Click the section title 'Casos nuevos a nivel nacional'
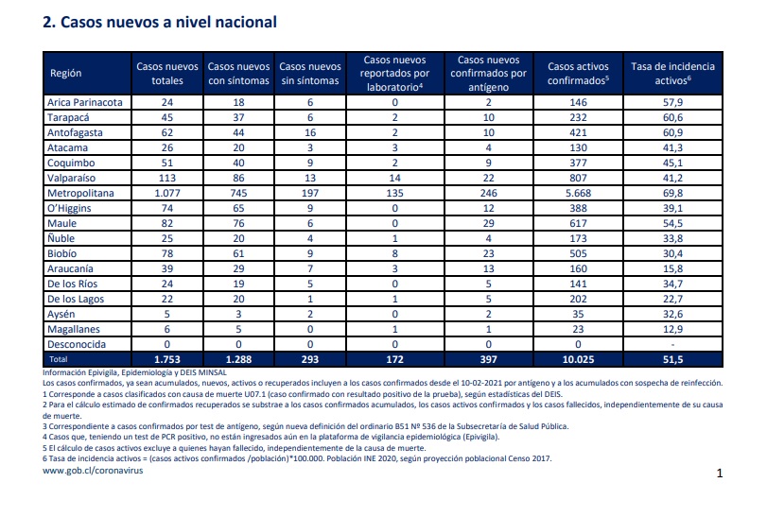coord(168,22)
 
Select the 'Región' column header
coord(65,74)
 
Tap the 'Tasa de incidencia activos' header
coord(672,74)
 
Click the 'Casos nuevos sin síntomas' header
coord(310,74)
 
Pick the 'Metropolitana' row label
coord(80,193)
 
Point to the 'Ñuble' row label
coord(61,238)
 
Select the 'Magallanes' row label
coord(74,329)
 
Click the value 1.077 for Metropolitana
coord(167,193)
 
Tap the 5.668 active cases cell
coord(578,193)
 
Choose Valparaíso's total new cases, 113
coord(167,178)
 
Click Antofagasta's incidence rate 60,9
coord(672,132)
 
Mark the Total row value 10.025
coord(578,360)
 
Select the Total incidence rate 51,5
coord(672,360)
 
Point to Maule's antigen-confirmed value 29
coord(488,223)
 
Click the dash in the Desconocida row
coord(672,344)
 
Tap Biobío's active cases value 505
coord(578,253)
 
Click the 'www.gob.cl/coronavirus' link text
coord(93,471)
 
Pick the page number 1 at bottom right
coord(720,473)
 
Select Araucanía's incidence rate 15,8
coord(672,268)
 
